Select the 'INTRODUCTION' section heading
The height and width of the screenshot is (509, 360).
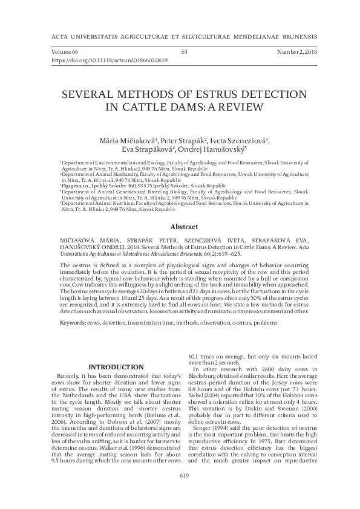tap(116, 367)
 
